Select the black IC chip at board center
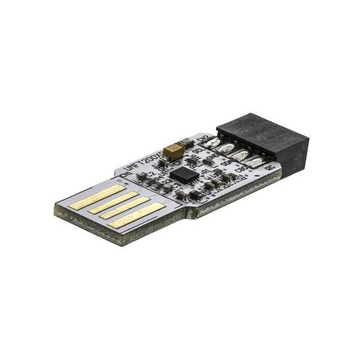[x=183, y=173]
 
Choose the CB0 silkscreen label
[x=240, y=170]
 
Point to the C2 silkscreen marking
[x=150, y=173]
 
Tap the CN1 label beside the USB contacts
[x=125, y=174]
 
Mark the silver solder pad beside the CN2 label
[x=212, y=142]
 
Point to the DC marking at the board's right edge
[x=269, y=167]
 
